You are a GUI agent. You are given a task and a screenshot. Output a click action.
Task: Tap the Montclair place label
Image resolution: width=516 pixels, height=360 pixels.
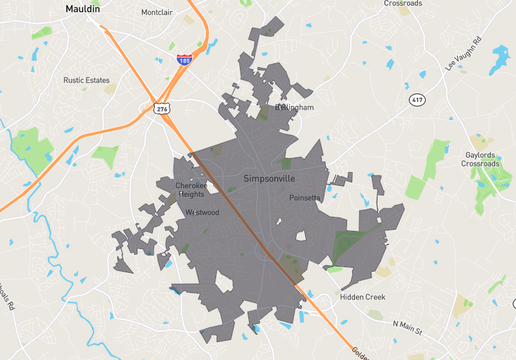[157, 13]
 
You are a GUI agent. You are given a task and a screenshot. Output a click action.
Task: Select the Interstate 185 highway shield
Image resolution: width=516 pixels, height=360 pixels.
[185, 60]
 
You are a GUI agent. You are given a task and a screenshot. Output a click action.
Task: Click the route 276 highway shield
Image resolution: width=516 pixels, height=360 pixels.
[162, 107]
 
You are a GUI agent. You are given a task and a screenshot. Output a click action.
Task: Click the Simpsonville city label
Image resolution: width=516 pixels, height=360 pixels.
[271, 179]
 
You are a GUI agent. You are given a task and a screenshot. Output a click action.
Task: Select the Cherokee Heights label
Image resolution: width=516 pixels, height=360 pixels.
[190, 190]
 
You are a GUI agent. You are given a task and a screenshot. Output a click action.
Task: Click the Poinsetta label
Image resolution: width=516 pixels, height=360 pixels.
[304, 198]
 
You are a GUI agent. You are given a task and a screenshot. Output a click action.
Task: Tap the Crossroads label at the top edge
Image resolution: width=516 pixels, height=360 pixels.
[403, 3]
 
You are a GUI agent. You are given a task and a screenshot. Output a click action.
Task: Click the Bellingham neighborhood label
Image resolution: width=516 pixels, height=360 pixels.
[293, 107]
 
